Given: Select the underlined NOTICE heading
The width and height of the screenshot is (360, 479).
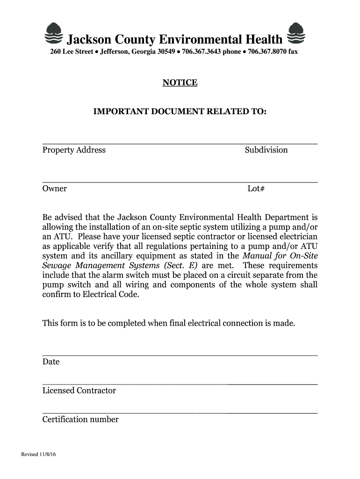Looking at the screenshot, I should tap(180, 83).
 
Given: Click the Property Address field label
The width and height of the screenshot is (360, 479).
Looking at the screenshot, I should tap(74, 150).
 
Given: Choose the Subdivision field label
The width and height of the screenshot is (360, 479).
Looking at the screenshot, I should tap(266, 150).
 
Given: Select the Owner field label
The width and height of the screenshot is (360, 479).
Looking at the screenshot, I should tap(55, 189).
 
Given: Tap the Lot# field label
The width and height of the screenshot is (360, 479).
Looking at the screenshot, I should tap(256, 189).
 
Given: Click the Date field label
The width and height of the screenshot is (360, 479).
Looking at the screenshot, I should tap(51, 362).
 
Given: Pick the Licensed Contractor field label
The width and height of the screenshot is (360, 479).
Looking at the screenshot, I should tap(79, 391).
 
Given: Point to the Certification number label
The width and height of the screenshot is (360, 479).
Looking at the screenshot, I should tap(80, 420).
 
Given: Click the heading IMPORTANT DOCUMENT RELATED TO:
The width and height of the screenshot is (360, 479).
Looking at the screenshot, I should tap(180, 112).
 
